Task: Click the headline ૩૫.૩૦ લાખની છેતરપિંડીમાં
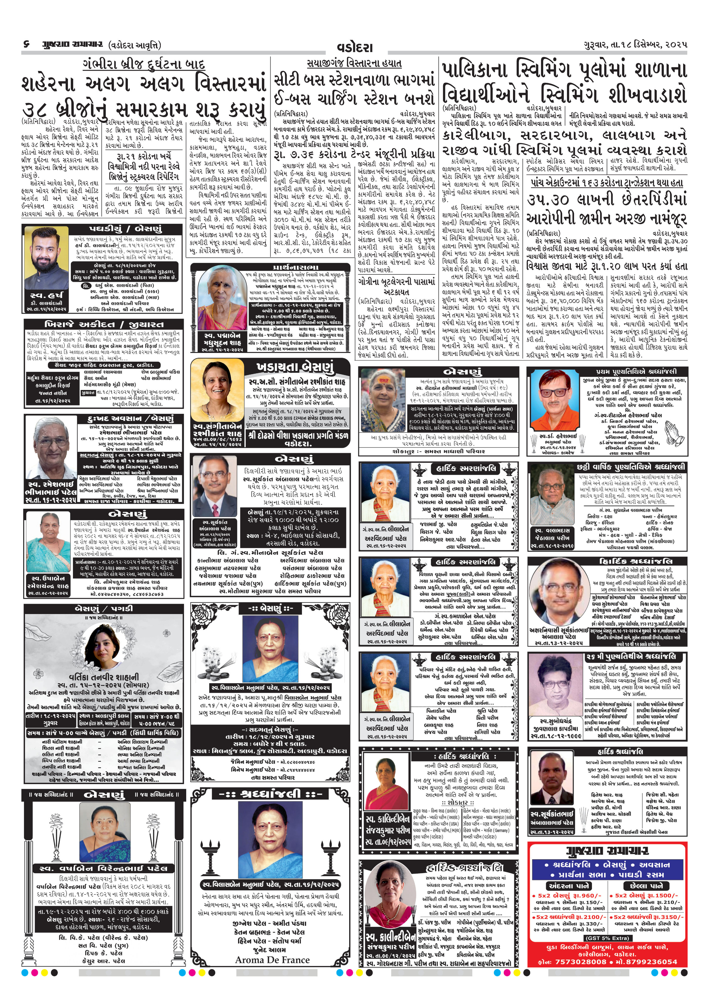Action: point(607,200)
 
